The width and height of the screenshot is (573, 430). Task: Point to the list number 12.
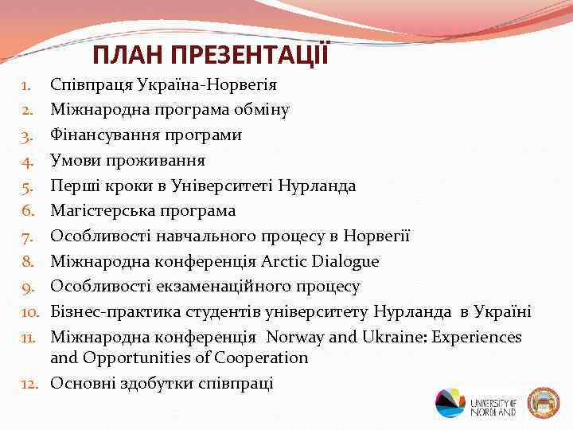(x=30, y=383)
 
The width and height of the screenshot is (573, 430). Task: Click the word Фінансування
(x=103, y=135)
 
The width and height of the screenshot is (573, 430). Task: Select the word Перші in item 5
(x=75, y=186)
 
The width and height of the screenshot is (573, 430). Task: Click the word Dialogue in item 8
(x=343, y=262)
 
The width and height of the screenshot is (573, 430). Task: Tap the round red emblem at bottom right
(x=544, y=403)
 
